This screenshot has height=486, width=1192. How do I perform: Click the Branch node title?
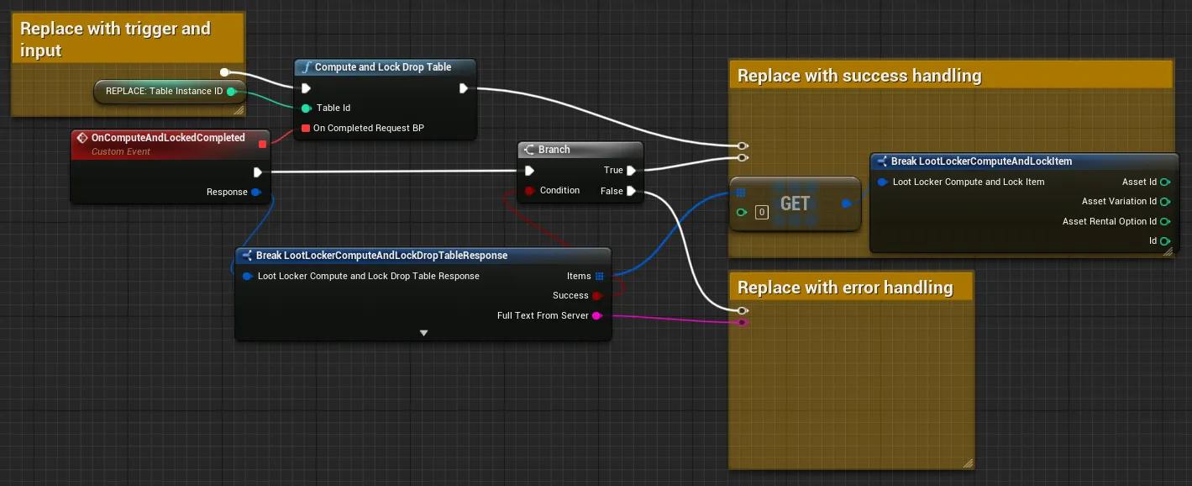click(554, 150)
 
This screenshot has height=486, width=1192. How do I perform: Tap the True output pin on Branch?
click(631, 171)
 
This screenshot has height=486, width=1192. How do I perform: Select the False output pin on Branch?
click(631, 191)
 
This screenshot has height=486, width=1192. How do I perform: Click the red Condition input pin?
click(529, 191)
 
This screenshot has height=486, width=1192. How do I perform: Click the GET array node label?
click(795, 203)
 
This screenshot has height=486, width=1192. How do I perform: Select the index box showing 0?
click(762, 212)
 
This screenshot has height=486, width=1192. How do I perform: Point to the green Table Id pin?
click(306, 108)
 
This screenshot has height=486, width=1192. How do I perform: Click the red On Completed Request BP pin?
click(306, 128)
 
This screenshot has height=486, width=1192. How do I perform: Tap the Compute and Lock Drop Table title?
click(382, 67)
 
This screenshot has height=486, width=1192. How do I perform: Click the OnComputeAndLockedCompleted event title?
click(168, 138)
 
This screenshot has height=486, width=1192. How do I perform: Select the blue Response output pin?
click(256, 192)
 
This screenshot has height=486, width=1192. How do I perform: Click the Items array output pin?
click(600, 276)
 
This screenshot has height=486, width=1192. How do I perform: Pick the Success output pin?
click(597, 296)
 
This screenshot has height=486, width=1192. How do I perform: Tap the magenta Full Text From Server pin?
click(597, 316)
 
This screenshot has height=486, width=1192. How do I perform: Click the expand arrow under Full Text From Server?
click(423, 333)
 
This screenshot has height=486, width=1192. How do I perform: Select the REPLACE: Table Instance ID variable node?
click(170, 91)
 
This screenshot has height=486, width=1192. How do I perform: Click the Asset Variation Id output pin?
click(1165, 202)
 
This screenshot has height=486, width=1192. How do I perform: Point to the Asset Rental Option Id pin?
click(1165, 222)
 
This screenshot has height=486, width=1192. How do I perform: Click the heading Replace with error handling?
click(845, 288)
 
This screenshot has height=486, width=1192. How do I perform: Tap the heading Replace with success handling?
click(859, 76)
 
